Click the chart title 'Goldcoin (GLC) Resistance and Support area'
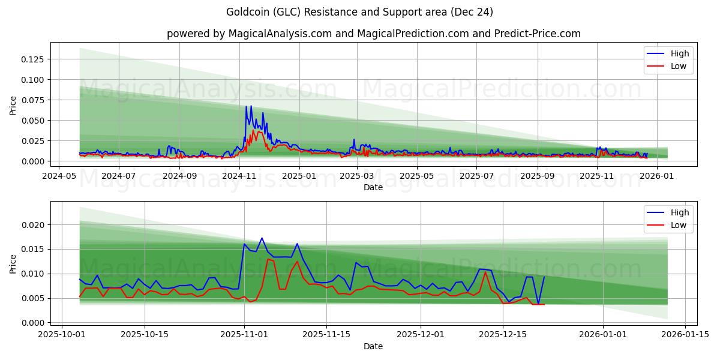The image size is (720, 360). coord(360,12)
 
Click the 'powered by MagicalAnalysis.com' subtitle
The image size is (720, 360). coord(373,34)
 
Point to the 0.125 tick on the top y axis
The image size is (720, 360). coord(33,59)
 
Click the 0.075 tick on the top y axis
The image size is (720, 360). coord(33,100)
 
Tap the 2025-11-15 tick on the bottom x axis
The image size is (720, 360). coord(326,335)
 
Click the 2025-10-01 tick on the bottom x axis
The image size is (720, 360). coord(62,335)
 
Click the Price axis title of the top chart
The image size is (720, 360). coord(13,104)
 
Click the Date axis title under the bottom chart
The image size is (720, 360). coord(373,346)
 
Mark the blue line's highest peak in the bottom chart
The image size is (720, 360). coord(262,238)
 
